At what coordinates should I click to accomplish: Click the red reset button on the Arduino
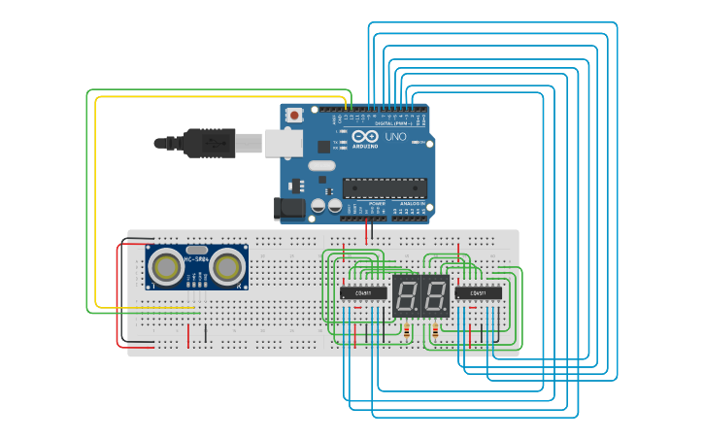click(294, 116)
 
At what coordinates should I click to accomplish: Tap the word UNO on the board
click(396, 138)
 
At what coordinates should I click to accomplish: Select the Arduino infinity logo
click(362, 137)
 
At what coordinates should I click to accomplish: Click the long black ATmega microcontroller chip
click(385, 187)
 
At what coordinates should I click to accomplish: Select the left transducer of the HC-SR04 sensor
click(168, 266)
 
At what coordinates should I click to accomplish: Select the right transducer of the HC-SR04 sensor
click(227, 266)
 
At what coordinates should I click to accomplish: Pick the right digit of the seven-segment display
click(433, 294)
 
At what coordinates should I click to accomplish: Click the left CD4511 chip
click(363, 293)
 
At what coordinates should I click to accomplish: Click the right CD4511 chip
click(478, 293)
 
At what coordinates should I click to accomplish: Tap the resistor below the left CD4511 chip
click(405, 331)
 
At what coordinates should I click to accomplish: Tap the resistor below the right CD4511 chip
click(435, 331)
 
